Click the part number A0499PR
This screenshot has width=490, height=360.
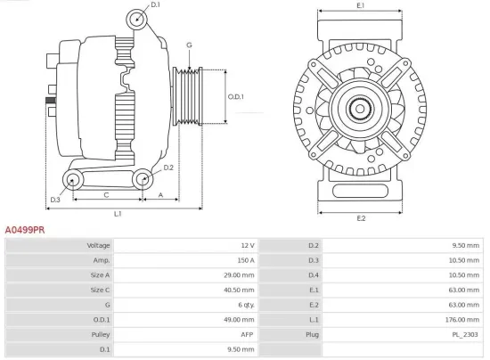coord(25,229)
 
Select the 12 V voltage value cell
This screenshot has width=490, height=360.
coord(247,245)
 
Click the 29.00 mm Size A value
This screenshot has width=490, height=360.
coord(240,274)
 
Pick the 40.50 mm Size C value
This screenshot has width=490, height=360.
coord(240,289)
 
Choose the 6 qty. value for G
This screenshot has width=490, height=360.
coord(243,304)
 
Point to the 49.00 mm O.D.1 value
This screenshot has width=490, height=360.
coord(240,318)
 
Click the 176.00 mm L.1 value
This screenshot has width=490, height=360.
coord(465,318)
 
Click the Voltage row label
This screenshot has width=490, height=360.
coord(98,245)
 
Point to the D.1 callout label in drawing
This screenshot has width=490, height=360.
coord(155,6)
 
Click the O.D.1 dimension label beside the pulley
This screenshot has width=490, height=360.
coord(235,96)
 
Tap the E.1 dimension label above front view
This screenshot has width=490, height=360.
coord(361,6)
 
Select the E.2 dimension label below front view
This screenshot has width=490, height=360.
coord(361,217)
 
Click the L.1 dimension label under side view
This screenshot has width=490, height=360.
coord(117,214)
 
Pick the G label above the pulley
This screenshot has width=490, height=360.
coord(189,45)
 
